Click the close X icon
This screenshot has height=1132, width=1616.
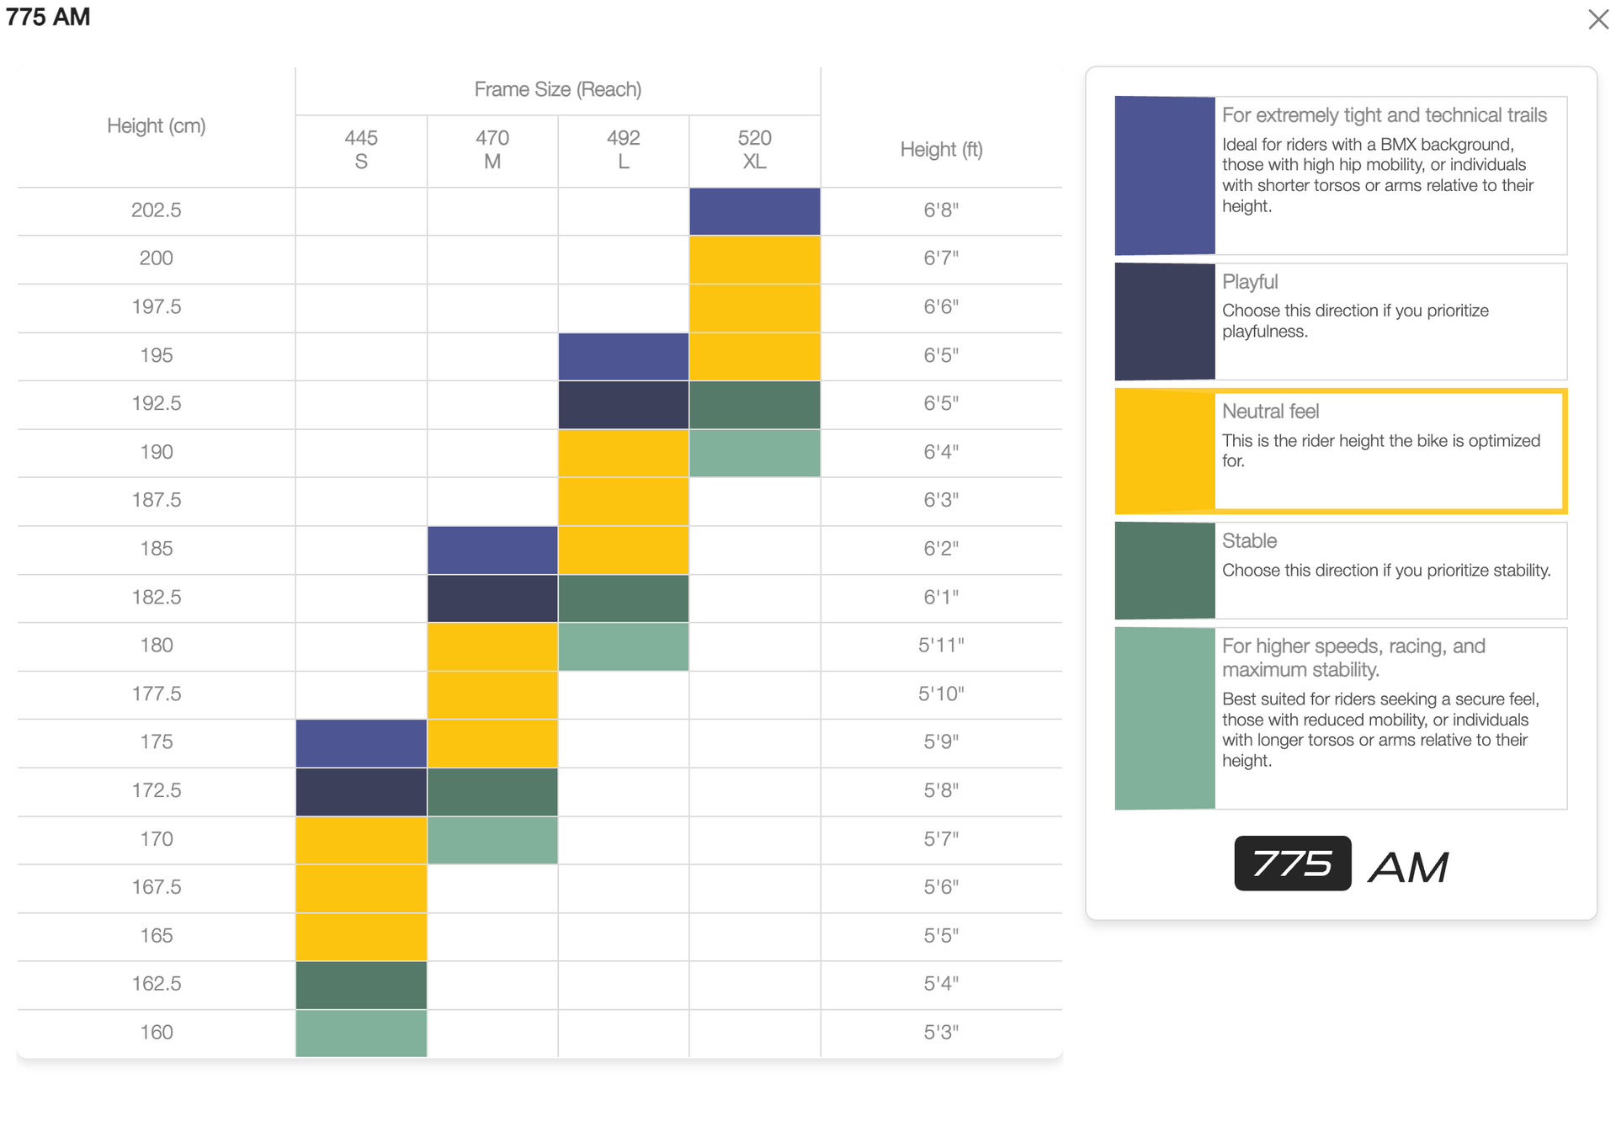pos(1597,19)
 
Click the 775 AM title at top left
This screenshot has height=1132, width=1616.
pos(48,17)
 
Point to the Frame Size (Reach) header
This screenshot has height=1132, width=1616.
pos(557,89)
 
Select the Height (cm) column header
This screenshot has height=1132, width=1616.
pos(156,126)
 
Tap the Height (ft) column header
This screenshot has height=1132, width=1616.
pos(941,150)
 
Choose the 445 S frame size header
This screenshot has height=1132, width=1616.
pos(361,149)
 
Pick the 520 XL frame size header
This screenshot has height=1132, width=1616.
pos(754,149)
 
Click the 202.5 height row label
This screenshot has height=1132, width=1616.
pos(156,210)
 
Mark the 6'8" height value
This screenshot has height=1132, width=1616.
pos(941,210)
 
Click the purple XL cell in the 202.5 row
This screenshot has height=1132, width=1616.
pos(754,211)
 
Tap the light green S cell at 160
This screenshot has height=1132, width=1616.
pos(361,1033)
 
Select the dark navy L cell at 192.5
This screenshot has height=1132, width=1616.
pos(623,405)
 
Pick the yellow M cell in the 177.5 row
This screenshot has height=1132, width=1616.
pos(492,694)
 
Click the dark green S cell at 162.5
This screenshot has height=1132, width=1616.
pos(361,985)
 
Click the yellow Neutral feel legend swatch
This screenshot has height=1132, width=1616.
pos(1164,451)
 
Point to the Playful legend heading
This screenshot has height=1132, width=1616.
pos(1249,282)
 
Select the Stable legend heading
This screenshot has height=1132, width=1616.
pos(1249,541)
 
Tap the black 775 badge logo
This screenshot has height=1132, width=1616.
pos(1292,864)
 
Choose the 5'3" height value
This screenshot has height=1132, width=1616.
pos(941,1033)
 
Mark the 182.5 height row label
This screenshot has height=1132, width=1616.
pos(156,598)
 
